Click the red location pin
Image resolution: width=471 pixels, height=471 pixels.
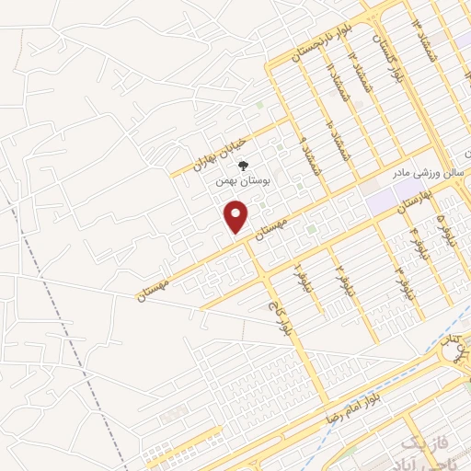[237, 217]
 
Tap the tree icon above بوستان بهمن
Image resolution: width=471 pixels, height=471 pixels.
[243, 166]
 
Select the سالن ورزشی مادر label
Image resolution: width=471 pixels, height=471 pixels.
[432, 175]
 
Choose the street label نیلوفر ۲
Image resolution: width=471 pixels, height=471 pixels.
[340, 274]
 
